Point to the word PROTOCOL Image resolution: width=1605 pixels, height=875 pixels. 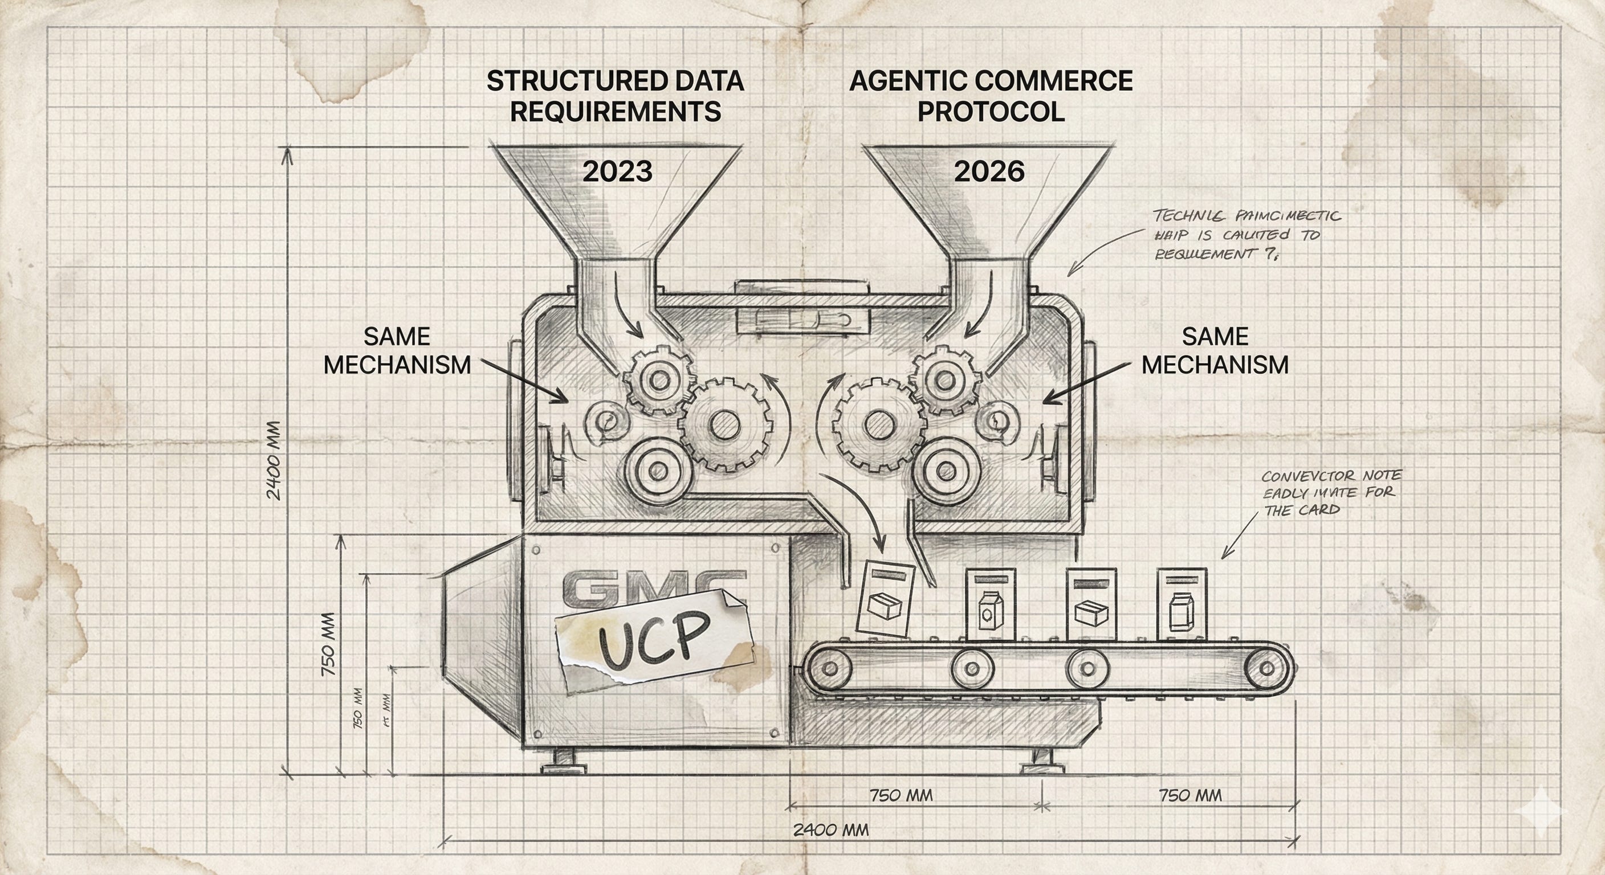(x=991, y=112)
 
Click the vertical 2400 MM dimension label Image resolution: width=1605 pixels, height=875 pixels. (x=274, y=460)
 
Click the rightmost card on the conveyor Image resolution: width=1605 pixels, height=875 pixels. (x=1182, y=604)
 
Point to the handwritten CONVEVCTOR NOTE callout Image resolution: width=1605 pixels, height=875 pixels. (x=1331, y=493)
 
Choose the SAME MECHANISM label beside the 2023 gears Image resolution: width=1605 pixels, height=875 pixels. (x=397, y=350)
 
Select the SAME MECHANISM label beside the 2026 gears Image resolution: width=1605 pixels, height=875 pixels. (x=1215, y=350)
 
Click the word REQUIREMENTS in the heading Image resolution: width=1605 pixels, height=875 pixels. (x=616, y=112)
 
